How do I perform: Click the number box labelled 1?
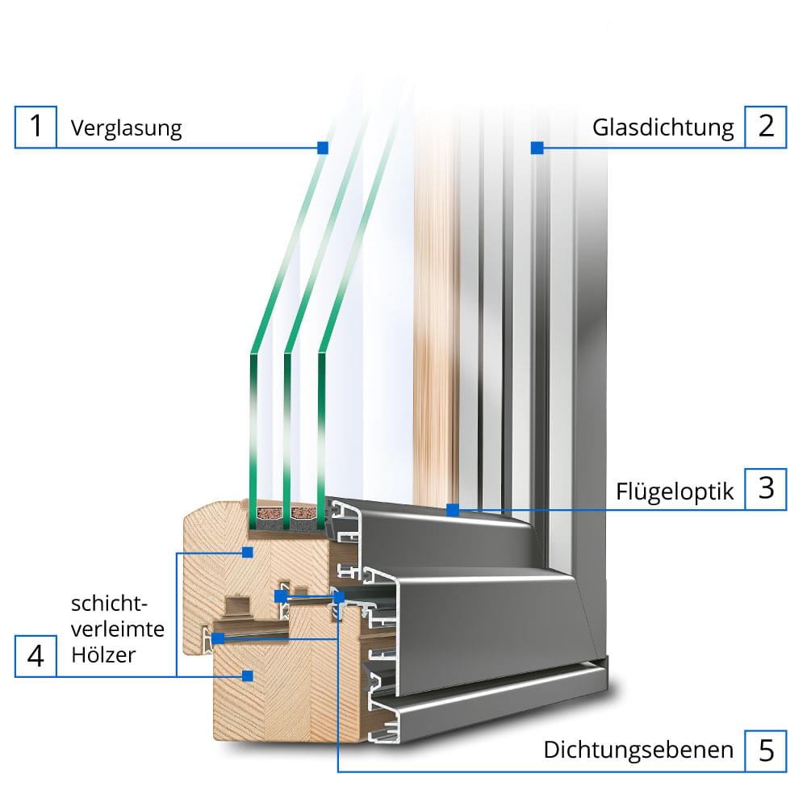click(x=36, y=127)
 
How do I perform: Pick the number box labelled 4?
click(x=36, y=655)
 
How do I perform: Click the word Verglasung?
click(x=126, y=128)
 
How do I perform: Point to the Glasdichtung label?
click(x=663, y=128)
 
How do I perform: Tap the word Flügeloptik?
click(x=675, y=491)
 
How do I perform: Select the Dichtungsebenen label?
click(x=638, y=751)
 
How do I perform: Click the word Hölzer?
click(x=102, y=654)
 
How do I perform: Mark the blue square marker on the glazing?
click(x=323, y=148)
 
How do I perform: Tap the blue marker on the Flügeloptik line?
click(x=453, y=510)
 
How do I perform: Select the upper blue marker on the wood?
click(x=249, y=553)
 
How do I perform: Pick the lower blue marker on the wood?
click(x=249, y=675)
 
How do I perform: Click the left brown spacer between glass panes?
click(x=269, y=512)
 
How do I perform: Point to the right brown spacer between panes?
click(x=304, y=512)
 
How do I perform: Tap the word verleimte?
click(x=118, y=629)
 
